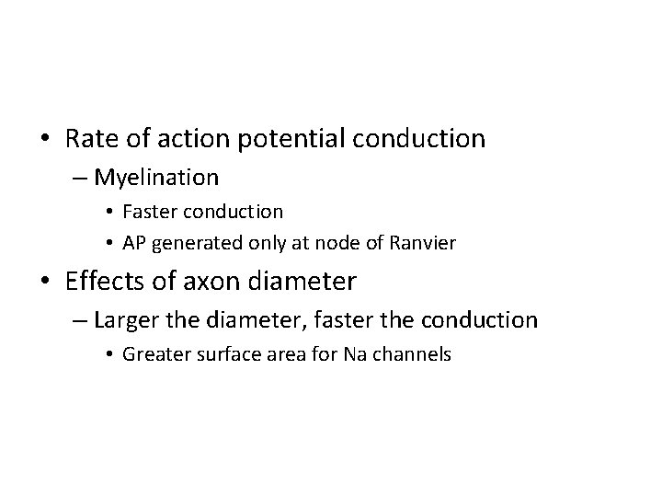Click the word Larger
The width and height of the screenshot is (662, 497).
pos(127,319)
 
